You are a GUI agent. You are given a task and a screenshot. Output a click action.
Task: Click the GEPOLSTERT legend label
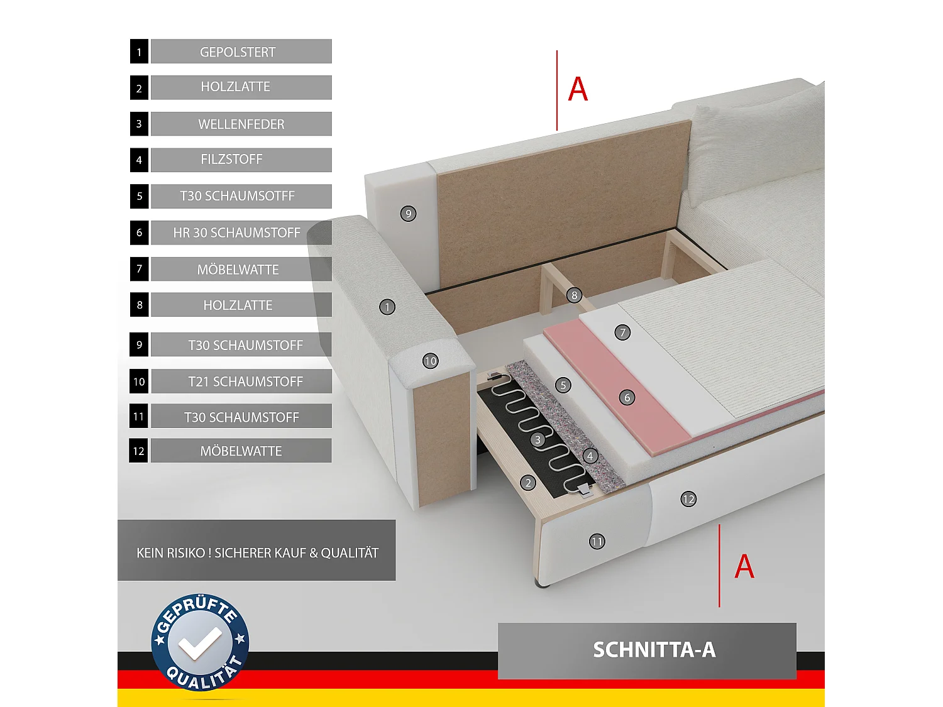238,52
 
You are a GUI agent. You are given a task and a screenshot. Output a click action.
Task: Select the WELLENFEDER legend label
241,124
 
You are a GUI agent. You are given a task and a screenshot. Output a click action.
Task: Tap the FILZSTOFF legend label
232,160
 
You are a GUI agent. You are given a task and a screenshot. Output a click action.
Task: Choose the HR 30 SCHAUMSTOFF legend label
237,233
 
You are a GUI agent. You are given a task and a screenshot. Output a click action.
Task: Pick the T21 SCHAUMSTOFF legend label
245,381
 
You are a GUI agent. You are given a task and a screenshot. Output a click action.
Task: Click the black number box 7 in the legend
139,269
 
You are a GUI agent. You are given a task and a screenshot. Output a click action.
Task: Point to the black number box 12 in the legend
139,451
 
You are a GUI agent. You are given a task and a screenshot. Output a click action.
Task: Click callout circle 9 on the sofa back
409,214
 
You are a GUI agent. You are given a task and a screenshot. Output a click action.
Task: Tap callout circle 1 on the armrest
387,307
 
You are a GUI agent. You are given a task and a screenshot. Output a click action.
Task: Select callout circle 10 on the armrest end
430,361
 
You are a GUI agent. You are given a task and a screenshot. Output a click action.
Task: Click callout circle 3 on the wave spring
538,440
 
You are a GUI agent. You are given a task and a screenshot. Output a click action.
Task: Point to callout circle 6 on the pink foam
627,397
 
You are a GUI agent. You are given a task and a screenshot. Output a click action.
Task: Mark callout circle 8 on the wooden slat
574,295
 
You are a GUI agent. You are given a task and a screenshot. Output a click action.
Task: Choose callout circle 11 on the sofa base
597,541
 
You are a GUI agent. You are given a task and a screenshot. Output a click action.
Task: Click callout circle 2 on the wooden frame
528,483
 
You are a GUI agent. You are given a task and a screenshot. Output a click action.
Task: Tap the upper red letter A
578,89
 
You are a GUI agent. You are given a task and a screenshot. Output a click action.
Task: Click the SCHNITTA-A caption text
654,650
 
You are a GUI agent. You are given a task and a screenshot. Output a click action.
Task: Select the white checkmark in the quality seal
199,644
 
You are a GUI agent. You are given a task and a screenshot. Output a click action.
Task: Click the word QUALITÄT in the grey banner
350,553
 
